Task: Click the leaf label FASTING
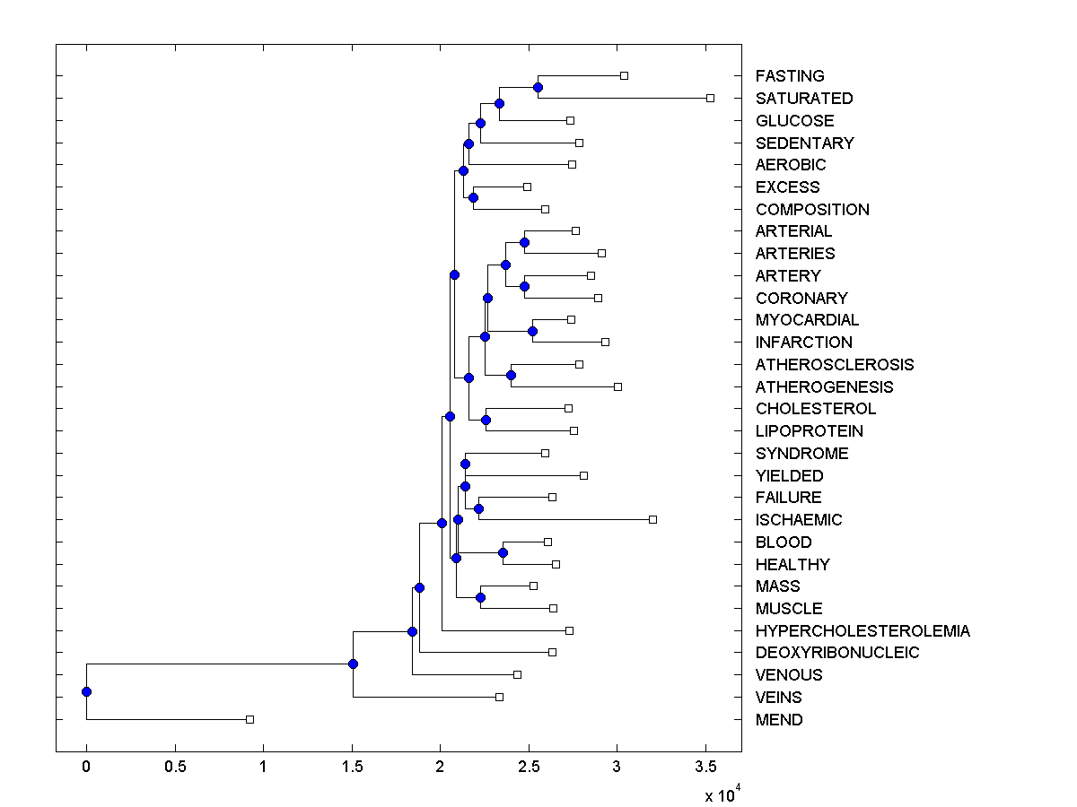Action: coord(790,76)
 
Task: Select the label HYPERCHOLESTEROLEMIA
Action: coord(862,630)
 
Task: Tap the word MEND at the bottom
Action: coord(779,719)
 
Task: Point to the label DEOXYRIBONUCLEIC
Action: coord(837,653)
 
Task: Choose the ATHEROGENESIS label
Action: coord(824,386)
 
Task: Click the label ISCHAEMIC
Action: coord(799,519)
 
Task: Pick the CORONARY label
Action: coord(801,298)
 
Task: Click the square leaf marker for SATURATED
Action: coord(710,98)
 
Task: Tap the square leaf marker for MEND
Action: coord(250,719)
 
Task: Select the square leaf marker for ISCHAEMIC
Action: coord(652,519)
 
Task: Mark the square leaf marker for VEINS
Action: coord(500,697)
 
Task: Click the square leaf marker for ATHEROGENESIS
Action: coord(617,386)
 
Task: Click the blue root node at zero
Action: coord(86,691)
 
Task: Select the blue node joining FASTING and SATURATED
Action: coord(538,87)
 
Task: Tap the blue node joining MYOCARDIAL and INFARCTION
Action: coord(532,331)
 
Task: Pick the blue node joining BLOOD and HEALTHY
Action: coord(503,552)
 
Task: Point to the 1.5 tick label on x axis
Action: coord(352,767)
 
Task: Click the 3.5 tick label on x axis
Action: coord(705,767)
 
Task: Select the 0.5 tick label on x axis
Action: coord(175,767)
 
